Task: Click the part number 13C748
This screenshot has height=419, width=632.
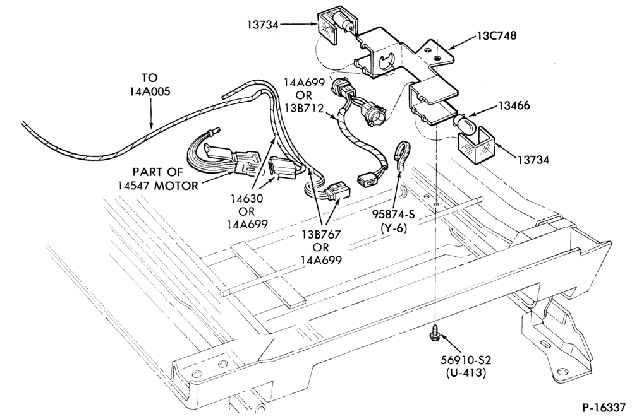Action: tap(497, 35)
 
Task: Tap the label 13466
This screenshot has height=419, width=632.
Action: tap(514, 105)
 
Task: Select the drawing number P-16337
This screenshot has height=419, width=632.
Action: tap(604, 408)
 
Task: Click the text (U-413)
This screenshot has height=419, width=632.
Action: tap(466, 373)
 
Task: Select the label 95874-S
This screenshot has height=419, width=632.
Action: tap(393, 214)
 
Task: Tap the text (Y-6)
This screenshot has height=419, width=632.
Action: tap(394, 228)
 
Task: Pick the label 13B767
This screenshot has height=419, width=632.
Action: tap(321, 234)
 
